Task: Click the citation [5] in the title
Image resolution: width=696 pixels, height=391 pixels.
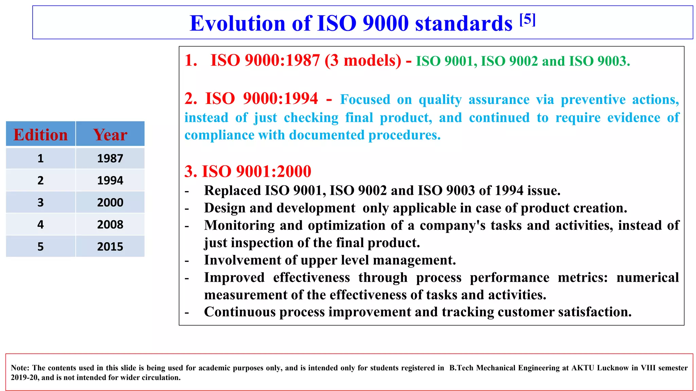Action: tap(527, 20)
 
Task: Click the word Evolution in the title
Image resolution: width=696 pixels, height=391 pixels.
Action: tap(237, 23)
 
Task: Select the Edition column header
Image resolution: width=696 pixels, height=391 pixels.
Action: tap(40, 135)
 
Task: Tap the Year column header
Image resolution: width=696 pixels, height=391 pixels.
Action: tap(110, 135)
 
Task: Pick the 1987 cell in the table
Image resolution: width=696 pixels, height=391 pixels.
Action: tap(110, 159)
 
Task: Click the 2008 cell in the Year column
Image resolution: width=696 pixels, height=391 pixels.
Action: tap(110, 225)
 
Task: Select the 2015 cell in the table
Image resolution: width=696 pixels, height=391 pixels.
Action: tap(110, 247)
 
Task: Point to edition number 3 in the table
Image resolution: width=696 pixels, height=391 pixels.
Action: tap(40, 203)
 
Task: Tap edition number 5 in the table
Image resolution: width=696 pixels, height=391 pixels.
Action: tap(40, 247)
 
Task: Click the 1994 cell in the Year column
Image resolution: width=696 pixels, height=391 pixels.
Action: tap(110, 181)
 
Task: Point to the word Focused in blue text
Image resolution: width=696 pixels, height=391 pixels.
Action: tap(365, 99)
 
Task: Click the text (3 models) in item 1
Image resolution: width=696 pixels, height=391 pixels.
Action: tap(363, 61)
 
